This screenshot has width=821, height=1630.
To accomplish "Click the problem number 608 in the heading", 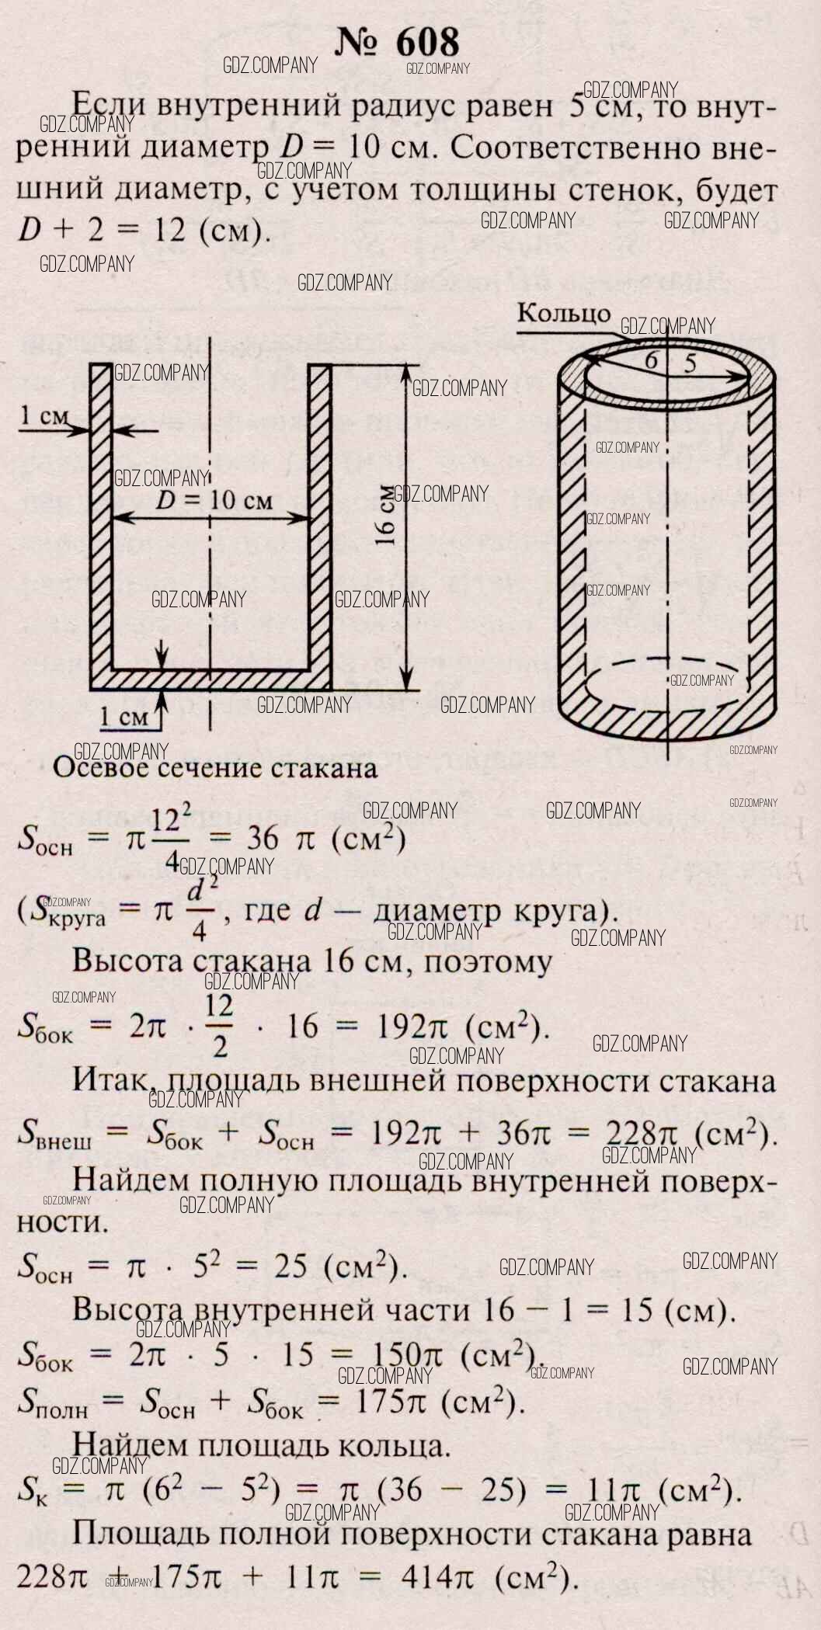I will click(x=428, y=43).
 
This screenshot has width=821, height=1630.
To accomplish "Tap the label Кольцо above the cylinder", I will click(x=564, y=313).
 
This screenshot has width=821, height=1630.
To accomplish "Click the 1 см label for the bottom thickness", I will click(x=124, y=716).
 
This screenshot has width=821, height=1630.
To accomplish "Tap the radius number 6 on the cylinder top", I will click(x=652, y=360).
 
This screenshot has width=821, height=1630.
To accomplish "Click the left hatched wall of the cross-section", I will click(x=100, y=520).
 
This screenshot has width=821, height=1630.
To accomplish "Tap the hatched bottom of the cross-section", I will click(x=210, y=678).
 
